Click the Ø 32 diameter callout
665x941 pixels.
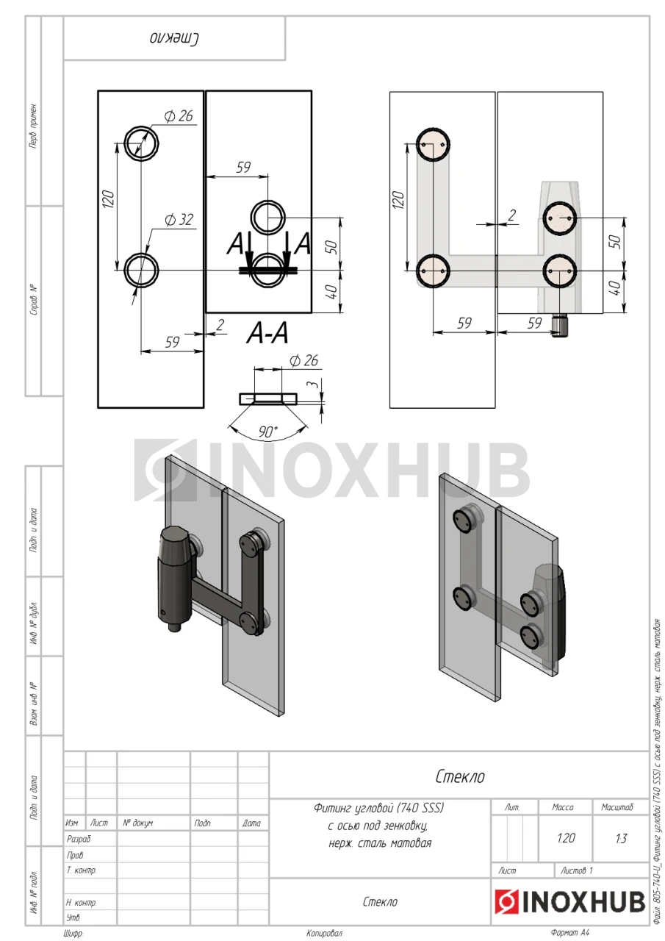(x=179, y=220)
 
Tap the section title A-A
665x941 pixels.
(x=267, y=334)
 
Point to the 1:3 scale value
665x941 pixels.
(x=621, y=839)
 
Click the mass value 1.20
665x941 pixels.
(x=566, y=838)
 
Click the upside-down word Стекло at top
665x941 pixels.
(x=175, y=39)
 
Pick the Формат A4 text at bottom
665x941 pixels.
(x=569, y=933)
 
